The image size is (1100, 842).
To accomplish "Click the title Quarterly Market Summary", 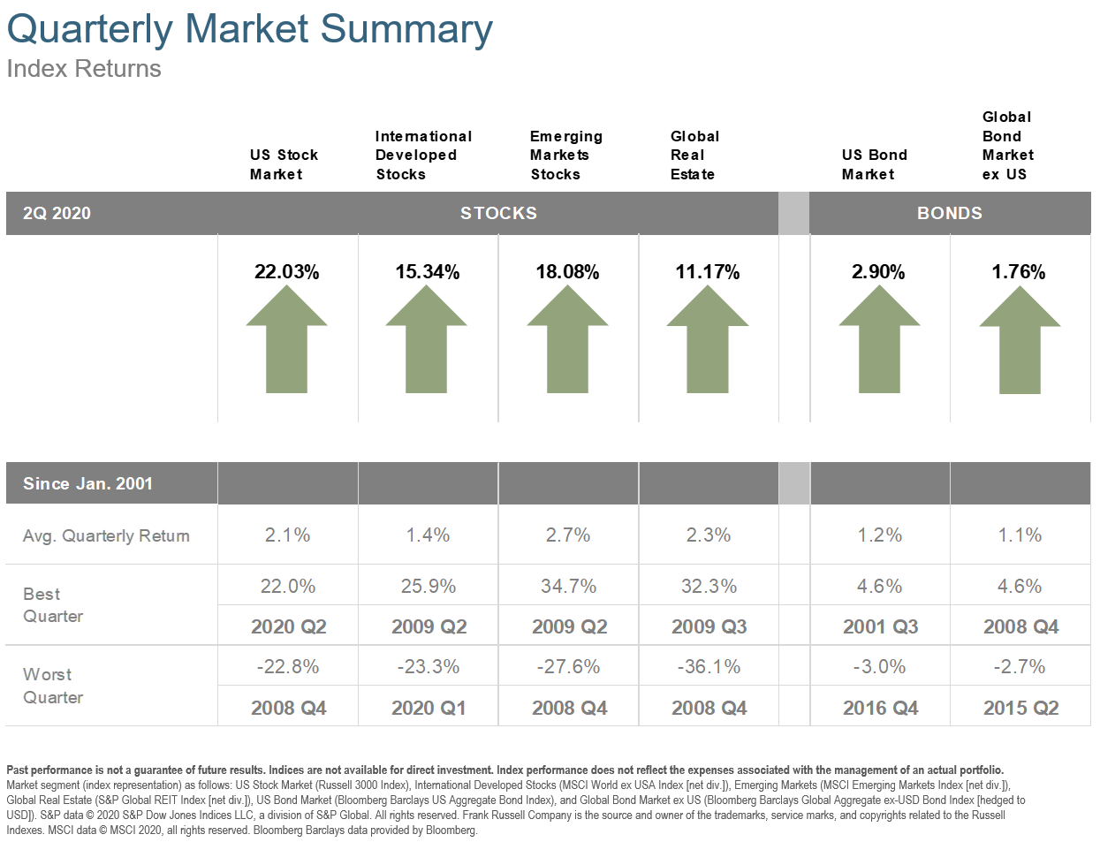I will coord(249,28).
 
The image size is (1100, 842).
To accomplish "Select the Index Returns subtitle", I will coord(84,69).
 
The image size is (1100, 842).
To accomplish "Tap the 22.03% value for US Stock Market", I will coord(286,272).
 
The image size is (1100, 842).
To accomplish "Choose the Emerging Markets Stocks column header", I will coord(565,156).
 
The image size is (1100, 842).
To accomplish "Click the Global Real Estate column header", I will coord(694,156).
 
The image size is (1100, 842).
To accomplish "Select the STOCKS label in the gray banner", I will coord(498,213).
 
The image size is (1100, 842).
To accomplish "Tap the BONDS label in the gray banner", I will coord(949,213).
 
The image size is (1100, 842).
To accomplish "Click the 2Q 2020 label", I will coord(57,213).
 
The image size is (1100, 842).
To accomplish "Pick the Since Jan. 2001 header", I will coord(87,483).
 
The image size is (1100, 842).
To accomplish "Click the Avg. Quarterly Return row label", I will coord(106,535).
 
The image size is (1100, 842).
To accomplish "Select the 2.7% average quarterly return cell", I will coord(568,535).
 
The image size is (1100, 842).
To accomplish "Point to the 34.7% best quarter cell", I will coord(568,587).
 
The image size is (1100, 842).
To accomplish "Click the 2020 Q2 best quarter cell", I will coord(288,627).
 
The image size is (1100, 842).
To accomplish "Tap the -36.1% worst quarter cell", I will coord(709,667).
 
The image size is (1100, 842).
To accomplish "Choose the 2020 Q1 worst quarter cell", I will coord(429,709).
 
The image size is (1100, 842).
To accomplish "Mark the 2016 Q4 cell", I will coord(880,709).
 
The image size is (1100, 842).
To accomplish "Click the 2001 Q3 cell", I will coord(880,627).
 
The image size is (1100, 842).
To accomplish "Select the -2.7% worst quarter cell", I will coord(1020,667).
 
